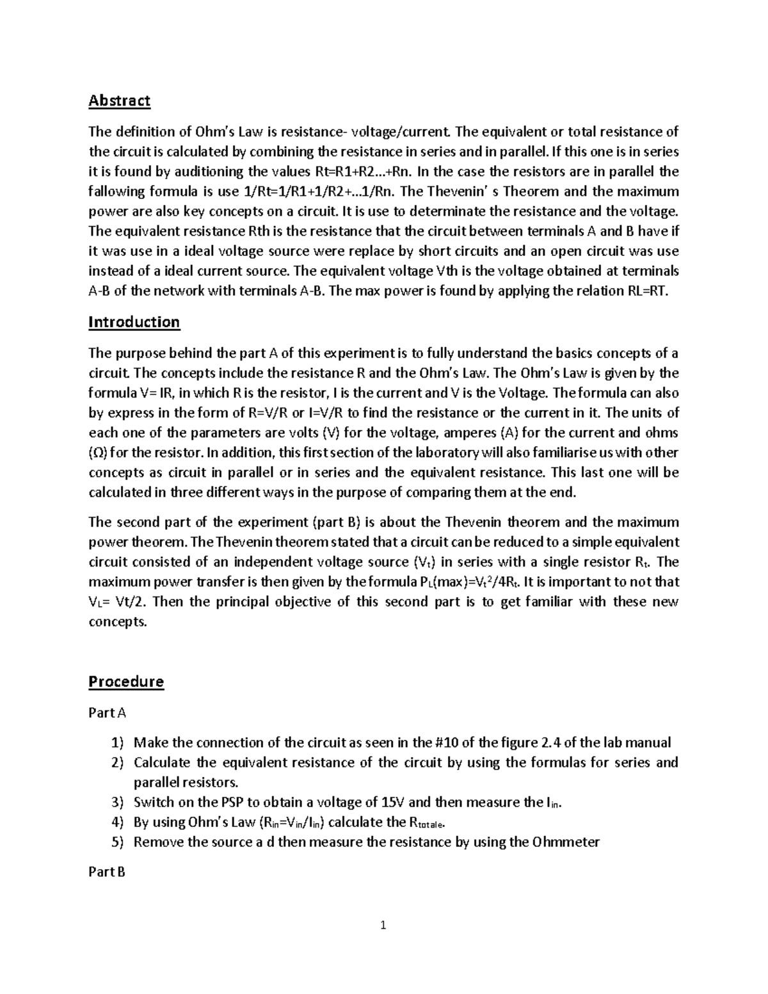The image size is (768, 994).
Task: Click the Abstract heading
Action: point(119,100)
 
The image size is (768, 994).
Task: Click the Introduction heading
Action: point(134,322)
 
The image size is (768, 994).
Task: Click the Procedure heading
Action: point(125,682)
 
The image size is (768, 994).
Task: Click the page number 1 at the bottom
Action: point(383,925)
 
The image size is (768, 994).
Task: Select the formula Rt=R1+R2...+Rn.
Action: point(362,172)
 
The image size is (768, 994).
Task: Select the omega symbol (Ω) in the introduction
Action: point(93,453)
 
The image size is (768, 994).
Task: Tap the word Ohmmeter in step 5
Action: point(566,842)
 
